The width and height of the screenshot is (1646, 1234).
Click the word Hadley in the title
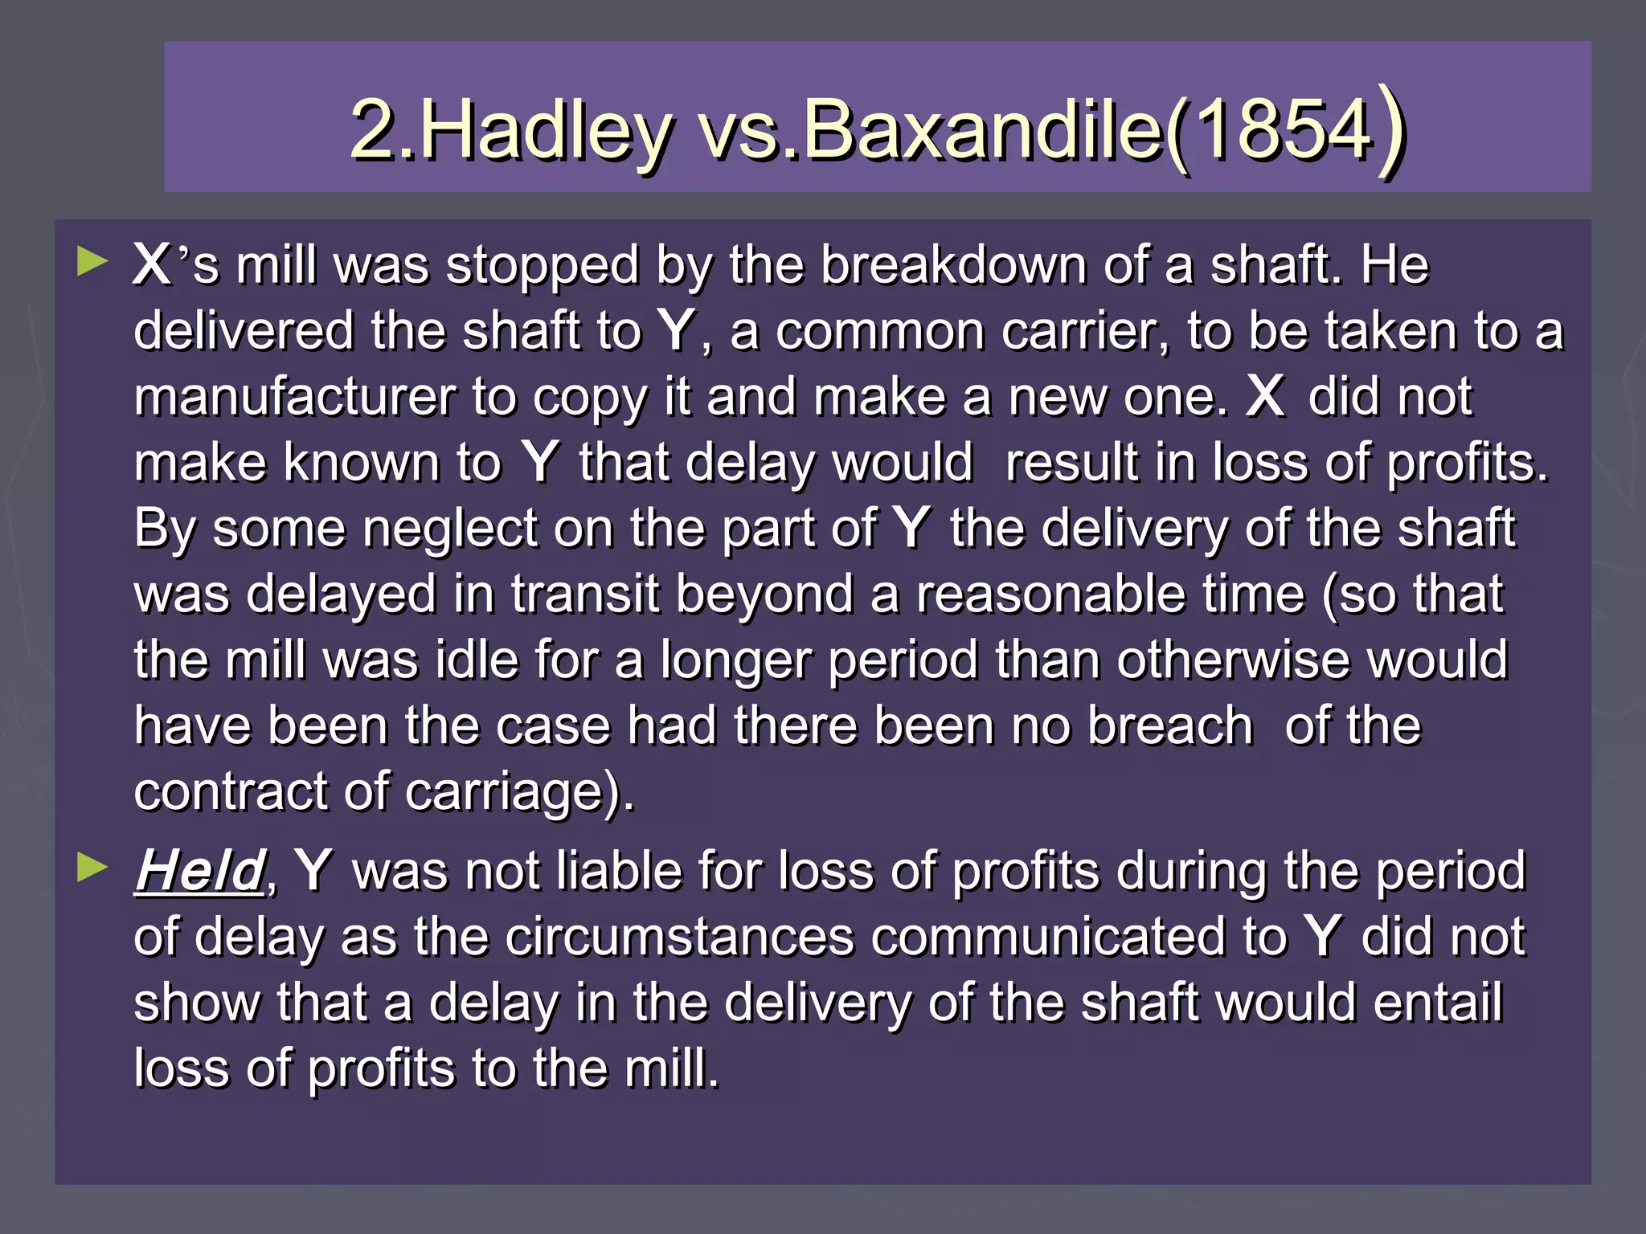[x=547, y=129]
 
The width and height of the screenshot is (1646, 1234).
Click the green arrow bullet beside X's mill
[x=93, y=262]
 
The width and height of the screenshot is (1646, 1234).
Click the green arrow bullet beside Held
[x=93, y=868]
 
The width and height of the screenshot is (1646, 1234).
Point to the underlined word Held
[x=199, y=871]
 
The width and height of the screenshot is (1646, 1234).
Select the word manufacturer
[x=294, y=397]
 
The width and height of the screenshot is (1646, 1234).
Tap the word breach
[x=1170, y=726]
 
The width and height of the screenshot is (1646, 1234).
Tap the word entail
[x=1438, y=1003]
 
